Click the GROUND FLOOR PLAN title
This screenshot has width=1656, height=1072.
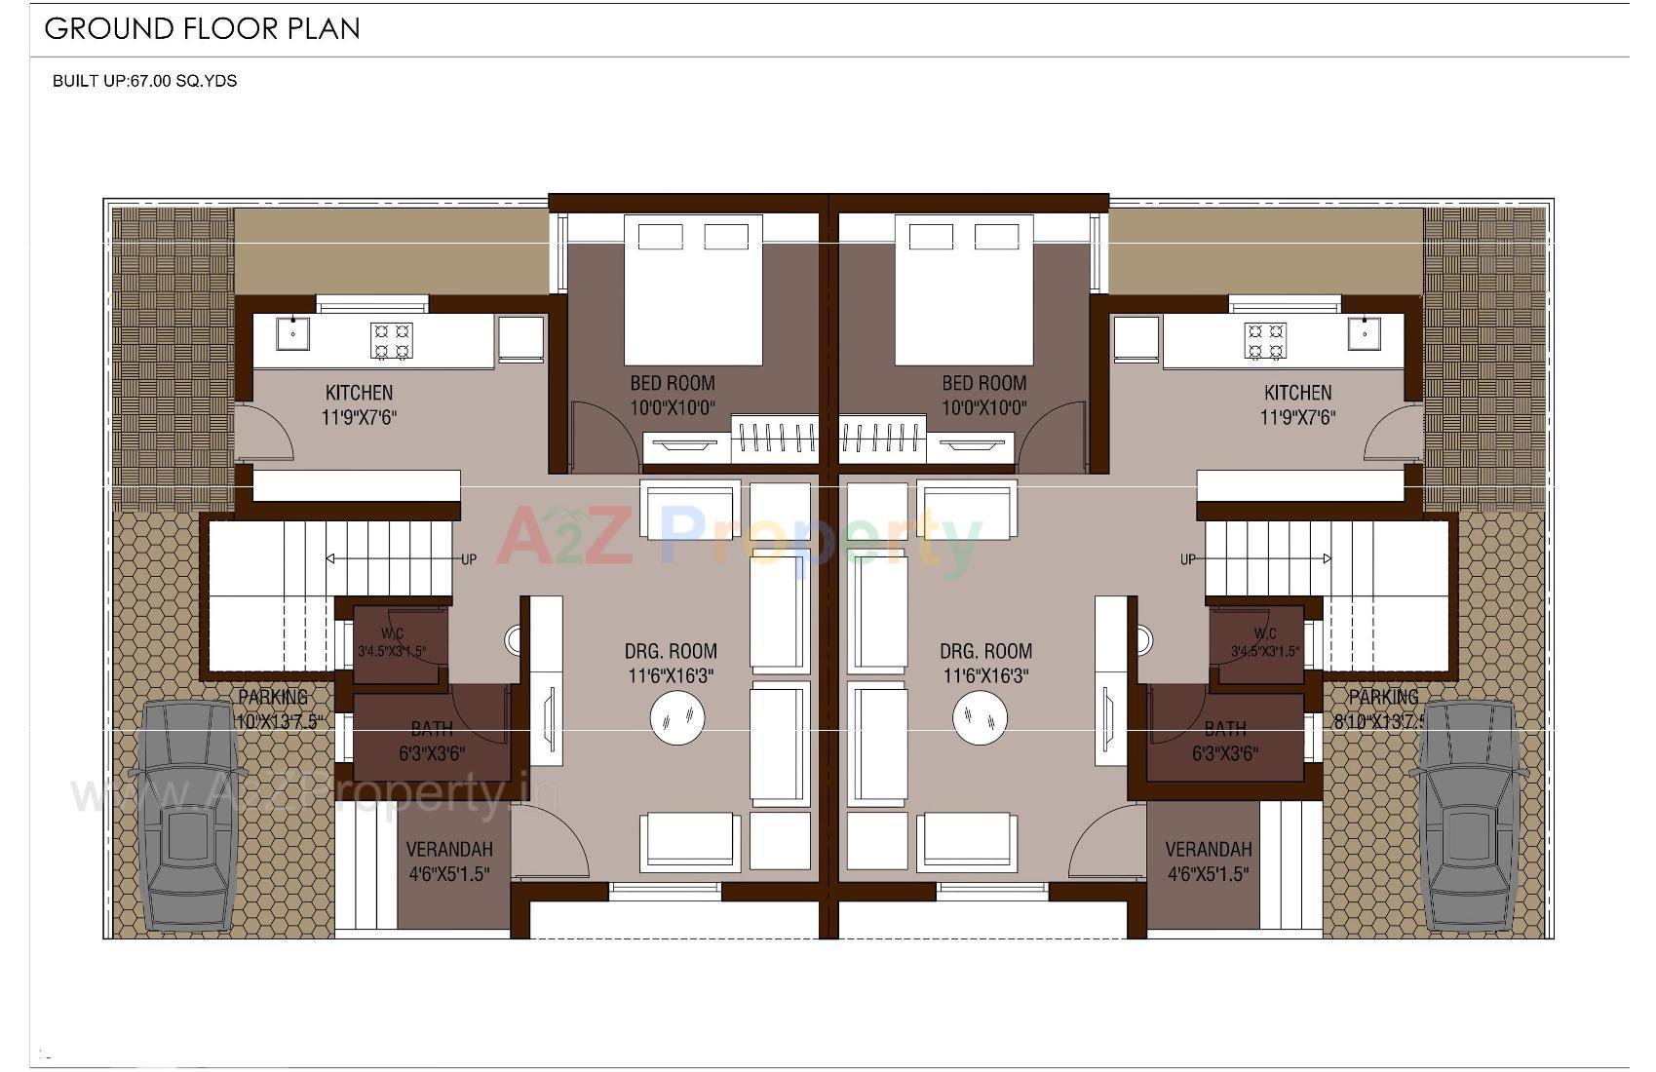[203, 28]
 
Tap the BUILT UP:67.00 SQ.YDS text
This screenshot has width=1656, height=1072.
[144, 81]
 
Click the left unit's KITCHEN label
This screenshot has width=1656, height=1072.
[359, 393]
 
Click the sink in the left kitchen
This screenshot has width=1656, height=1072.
[292, 333]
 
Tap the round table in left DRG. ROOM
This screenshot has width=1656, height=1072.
[676, 718]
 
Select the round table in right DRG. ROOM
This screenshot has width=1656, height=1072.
[980, 718]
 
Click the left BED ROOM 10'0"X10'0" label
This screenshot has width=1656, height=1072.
[672, 395]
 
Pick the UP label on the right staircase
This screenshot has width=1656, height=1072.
[1187, 559]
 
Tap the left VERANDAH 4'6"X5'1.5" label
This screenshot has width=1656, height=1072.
[448, 861]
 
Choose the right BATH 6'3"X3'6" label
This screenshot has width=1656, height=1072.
[1224, 741]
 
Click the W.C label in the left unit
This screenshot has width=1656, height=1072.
[393, 634]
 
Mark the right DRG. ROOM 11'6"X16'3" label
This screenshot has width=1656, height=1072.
[985, 663]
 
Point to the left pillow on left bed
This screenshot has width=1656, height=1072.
[661, 237]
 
